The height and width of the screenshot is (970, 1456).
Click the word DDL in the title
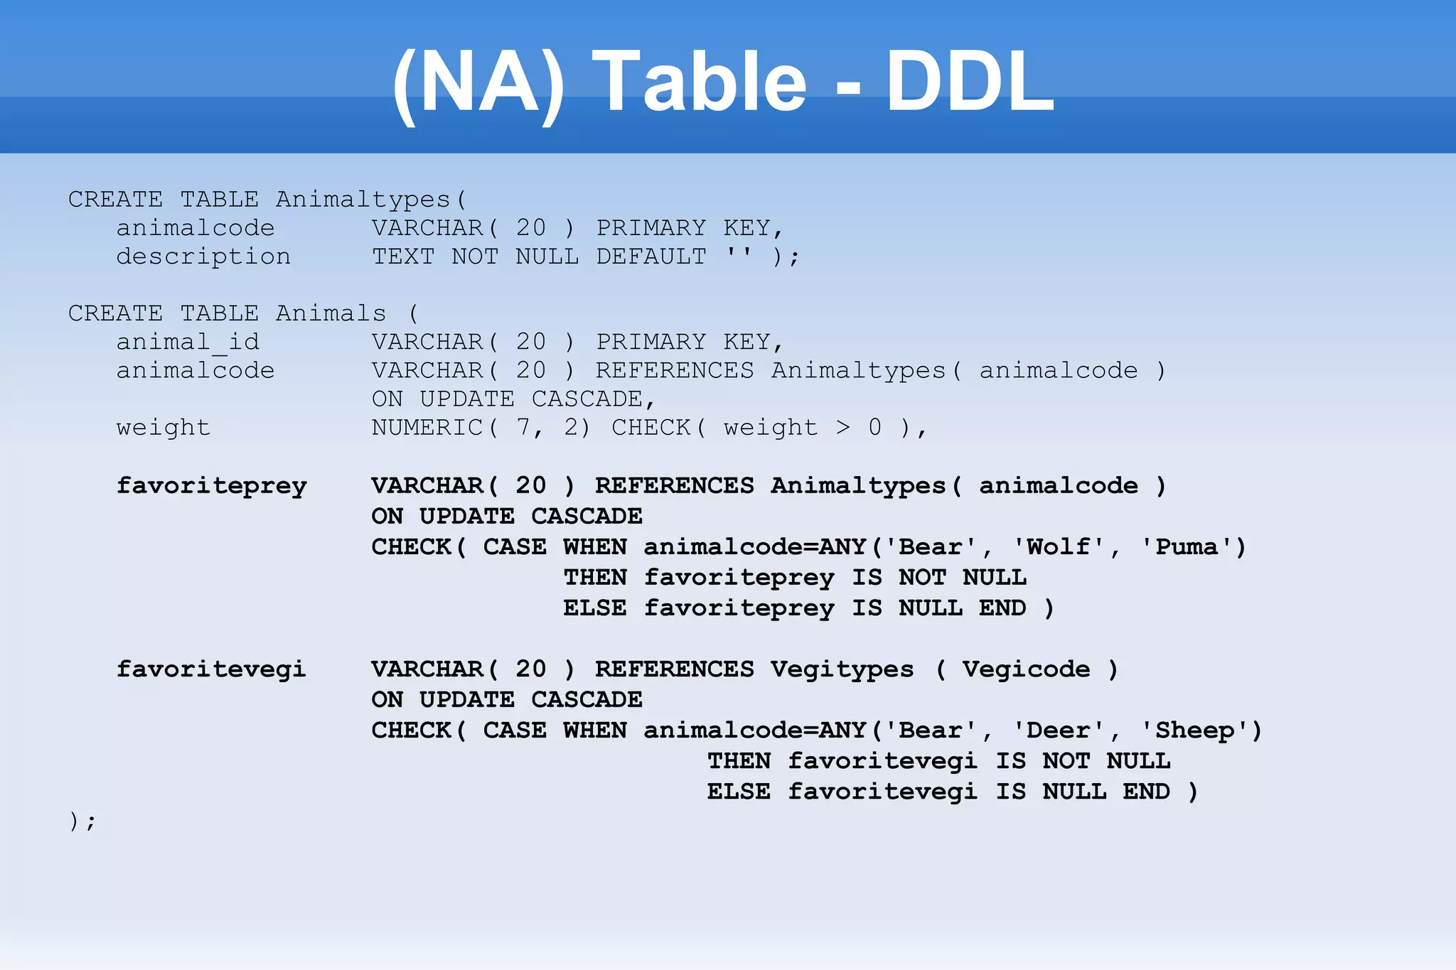(x=970, y=82)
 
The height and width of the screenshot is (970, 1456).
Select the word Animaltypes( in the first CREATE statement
(x=371, y=200)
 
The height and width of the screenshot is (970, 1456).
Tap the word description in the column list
(x=203, y=257)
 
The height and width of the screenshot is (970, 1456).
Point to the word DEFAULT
(x=651, y=257)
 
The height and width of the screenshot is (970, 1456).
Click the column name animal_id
(x=188, y=343)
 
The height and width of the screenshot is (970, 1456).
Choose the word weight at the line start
(x=164, y=428)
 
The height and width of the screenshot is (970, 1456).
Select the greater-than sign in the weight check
(x=843, y=428)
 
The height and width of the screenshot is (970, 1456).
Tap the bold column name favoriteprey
(x=212, y=487)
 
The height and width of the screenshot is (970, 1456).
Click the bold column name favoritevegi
(x=211, y=669)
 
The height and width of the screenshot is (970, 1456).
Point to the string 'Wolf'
(x=1059, y=548)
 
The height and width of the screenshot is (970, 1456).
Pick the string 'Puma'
(x=1187, y=548)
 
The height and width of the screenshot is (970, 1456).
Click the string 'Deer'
(x=1059, y=731)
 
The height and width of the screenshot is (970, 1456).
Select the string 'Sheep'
(x=1194, y=731)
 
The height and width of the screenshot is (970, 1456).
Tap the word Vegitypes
(x=842, y=670)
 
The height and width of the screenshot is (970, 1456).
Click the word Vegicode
(x=1026, y=670)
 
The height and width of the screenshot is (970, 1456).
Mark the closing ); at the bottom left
(x=82, y=822)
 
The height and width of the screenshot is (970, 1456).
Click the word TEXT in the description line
(x=403, y=257)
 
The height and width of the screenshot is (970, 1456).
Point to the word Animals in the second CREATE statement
(x=331, y=314)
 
